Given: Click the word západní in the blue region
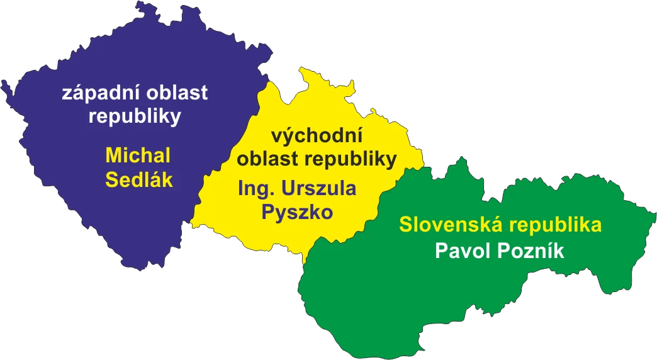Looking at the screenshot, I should point(101,94).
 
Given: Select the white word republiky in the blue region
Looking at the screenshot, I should point(135,116).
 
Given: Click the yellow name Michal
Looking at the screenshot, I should point(138,155).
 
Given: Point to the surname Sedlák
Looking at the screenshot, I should point(138,180).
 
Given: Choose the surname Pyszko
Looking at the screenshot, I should point(296,212).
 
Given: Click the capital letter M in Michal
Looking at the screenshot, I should point(114,155).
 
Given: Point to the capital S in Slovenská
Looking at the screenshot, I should point(406,225).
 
